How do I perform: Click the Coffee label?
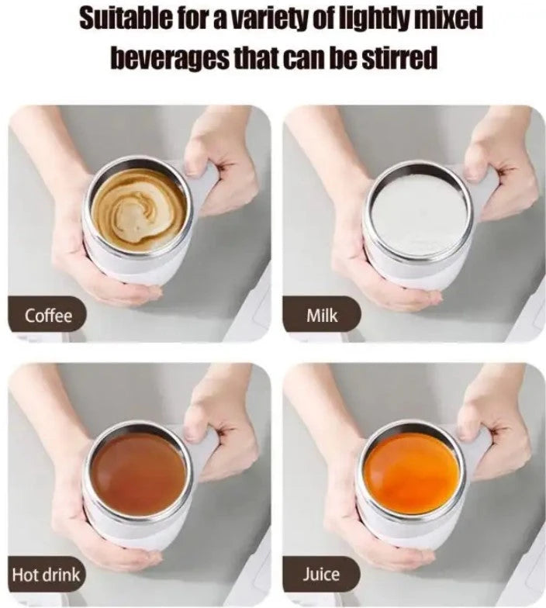click(48, 316)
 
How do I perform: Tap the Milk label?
click(322, 316)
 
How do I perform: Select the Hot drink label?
click(46, 574)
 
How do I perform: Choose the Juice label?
click(321, 574)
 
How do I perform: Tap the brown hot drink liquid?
click(139, 474)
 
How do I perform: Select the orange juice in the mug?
click(413, 474)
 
